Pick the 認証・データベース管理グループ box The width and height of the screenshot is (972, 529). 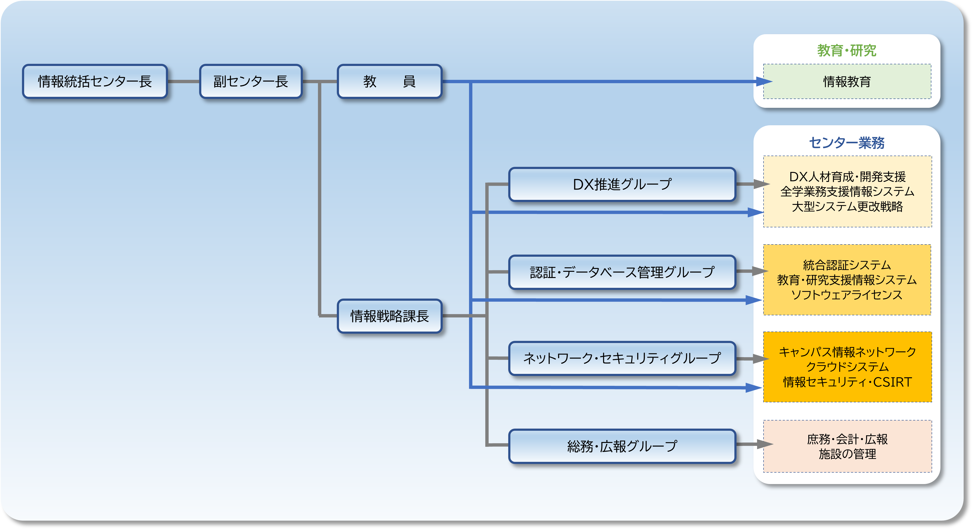coord(622,272)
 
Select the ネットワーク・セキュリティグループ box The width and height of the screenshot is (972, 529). coord(622,358)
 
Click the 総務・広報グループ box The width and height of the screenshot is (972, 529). coord(622,446)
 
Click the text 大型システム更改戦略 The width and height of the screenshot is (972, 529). coord(847,206)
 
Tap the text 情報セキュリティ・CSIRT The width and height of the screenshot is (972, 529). coord(847,382)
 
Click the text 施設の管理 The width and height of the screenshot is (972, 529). coord(847,454)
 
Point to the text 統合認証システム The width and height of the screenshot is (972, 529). coord(847,265)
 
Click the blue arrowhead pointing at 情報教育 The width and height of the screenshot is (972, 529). coord(764,82)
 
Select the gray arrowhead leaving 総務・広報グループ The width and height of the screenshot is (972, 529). coord(764,444)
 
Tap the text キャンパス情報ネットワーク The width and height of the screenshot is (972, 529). coord(847,352)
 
